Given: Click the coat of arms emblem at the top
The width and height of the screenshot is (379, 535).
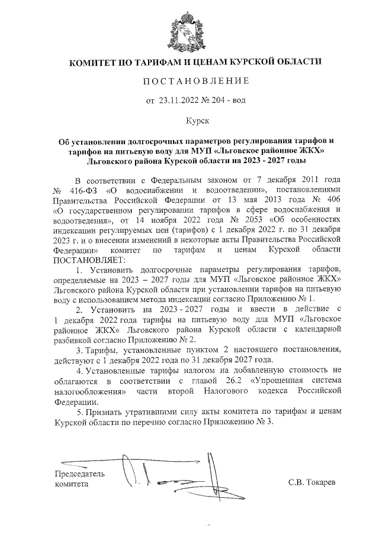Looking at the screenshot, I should point(189,30).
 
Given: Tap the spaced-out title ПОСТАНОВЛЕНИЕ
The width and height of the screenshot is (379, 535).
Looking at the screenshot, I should point(189,80).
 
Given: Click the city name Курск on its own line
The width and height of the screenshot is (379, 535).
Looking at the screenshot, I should point(190,121).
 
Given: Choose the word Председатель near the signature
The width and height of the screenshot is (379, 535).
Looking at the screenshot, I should point(79,474).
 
